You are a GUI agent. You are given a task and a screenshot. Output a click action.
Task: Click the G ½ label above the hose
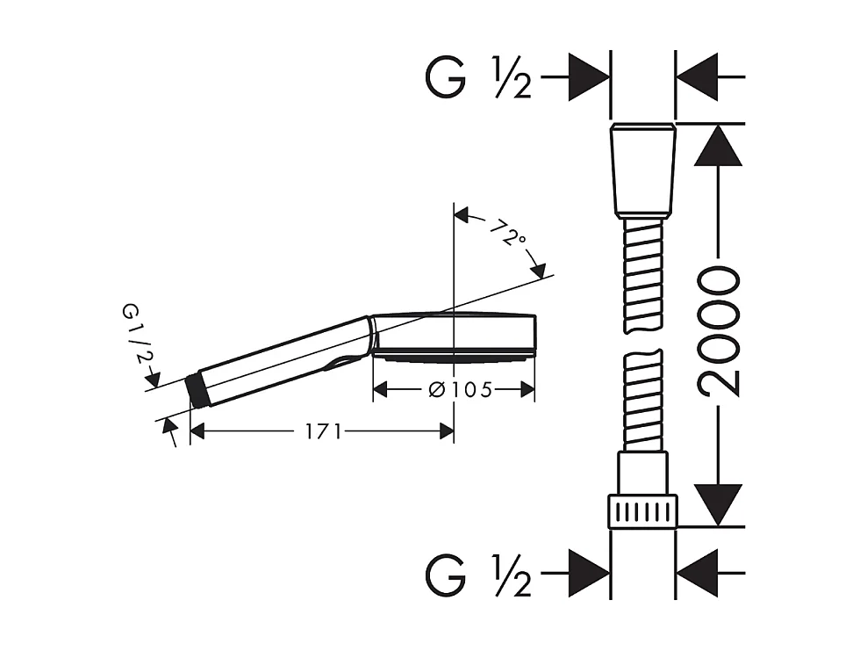pyautogui.click(x=479, y=77)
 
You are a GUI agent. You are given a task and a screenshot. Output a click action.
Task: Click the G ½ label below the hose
pyautogui.click(x=479, y=576)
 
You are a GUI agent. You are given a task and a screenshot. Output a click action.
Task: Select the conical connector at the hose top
pyautogui.click(x=643, y=170)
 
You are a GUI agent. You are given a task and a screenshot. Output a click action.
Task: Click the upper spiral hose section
pyautogui.click(x=643, y=273)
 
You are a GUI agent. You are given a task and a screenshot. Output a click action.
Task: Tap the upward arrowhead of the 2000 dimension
pyautogui.click(x=719, y=145)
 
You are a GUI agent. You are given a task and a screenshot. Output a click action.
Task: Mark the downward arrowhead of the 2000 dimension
pyautogui.click(x=719, y=504)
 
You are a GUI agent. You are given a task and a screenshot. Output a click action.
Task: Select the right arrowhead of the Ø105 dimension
pyautogui.click(x=527, y=388)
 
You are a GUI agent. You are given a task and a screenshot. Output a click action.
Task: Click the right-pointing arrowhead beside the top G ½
pyautogui.click(x=590, y=77)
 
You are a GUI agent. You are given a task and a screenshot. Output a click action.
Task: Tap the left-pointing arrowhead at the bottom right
pyautogui.click(x=699, y=576)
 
